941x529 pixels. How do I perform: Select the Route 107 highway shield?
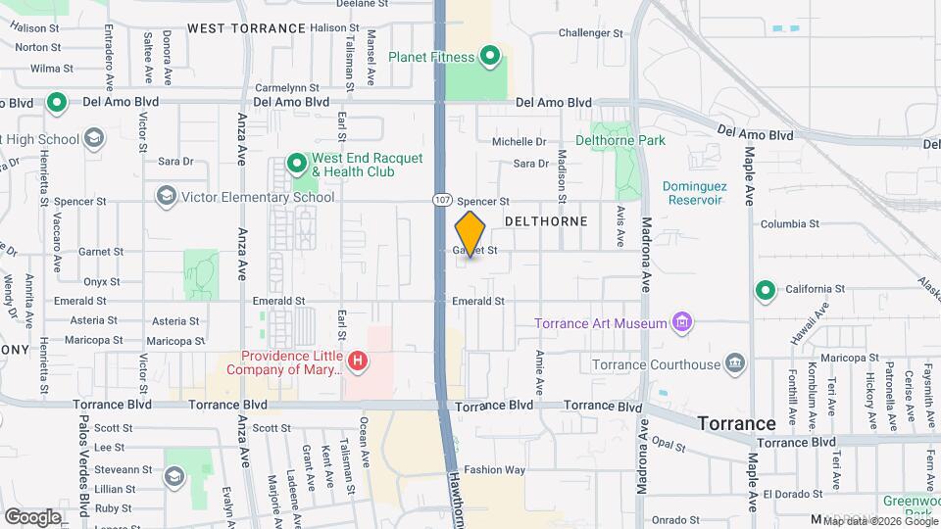(x=442, y=200)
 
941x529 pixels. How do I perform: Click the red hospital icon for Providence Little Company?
(x=359, y=361)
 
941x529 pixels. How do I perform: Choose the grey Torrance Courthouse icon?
(x=735, y=365)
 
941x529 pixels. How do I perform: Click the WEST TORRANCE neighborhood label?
(x=246, y=28)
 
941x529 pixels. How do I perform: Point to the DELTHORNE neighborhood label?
(x=546, y=221)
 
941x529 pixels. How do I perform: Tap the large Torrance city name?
(x=736, y=423)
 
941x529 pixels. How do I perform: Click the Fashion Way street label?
(x=495, y=469)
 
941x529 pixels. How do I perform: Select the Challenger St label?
(x=590, y=33)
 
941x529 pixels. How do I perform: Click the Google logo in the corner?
(x=32, y=516)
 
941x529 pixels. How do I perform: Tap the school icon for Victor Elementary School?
(x=166, y=197)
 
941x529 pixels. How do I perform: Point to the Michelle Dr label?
(x=519, y=142)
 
